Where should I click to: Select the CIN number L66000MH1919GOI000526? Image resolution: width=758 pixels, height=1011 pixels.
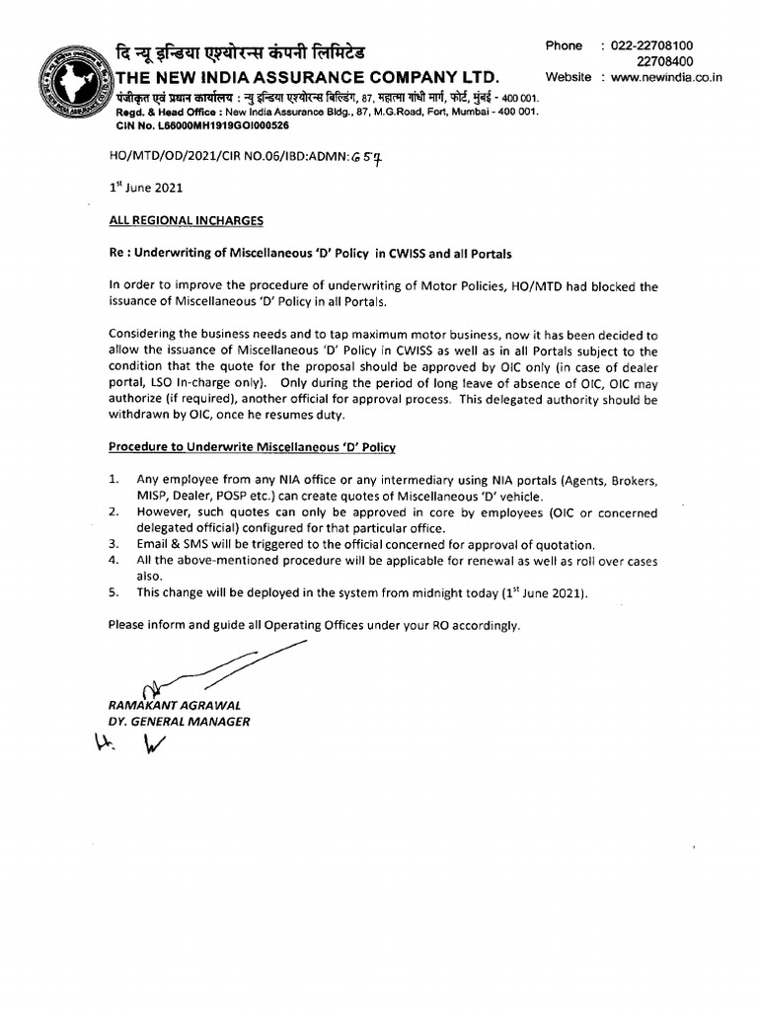click(x=202, y=126)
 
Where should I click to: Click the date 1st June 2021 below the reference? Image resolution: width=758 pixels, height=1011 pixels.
click(x=145, y=187)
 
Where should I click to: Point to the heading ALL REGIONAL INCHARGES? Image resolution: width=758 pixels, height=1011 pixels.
click(x=186, y=220)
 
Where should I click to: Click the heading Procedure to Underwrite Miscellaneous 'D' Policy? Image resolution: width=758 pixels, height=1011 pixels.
click(x=252, y=447)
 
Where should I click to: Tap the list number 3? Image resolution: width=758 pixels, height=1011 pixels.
click(x=114, y=544)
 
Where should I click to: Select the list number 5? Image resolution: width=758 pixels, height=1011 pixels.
click(x=114, y=592)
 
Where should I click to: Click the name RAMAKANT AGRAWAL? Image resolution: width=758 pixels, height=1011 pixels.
click(x=173, y=705)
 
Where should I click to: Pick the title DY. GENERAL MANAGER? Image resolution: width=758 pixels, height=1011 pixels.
click(x=179, y=722)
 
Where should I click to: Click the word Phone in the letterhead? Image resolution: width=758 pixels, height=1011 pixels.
click(x=565, y=45)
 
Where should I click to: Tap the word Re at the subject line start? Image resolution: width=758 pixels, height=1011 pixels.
click(x=115, y=254)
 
